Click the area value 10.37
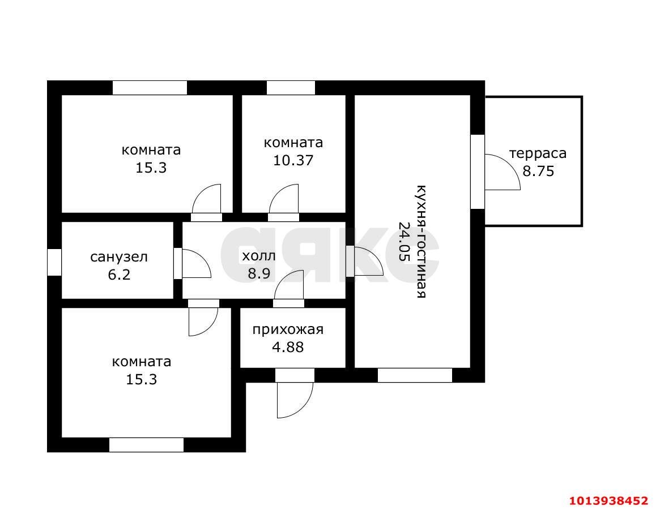(293, 160)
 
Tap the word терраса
(538, 153)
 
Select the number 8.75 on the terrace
(538, 171)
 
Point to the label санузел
(119, 256)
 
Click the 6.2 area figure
(119, 275)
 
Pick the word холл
(259, 255)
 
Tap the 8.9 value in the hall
(259, 274)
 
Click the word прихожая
(288, 329)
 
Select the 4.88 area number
(288, 348)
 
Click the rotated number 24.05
(404, 241)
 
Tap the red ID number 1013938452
(608, 501)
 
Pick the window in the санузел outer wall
(54, 262)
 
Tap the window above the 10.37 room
(291, 88)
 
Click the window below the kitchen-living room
(415, 375)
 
